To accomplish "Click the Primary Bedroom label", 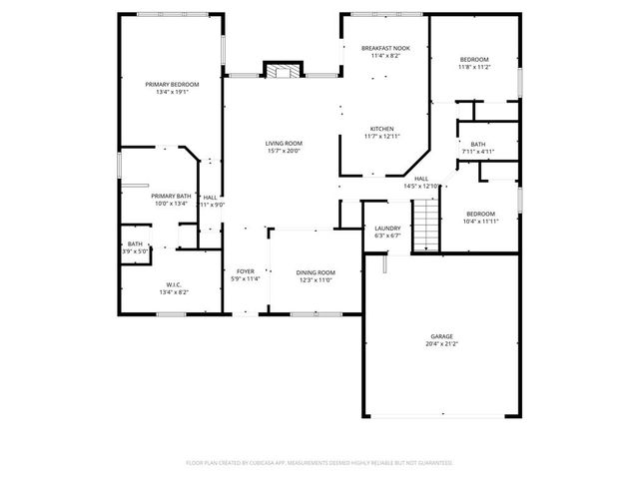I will [171, 85].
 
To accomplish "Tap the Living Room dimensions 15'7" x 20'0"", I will [284, 152].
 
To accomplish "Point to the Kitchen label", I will [382, 129].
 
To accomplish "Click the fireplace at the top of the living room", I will [283, 71].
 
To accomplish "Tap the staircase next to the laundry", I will [427, 224].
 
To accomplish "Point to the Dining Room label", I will [316, 272].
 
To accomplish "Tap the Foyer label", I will [245, 271].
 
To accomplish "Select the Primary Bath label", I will [171, 196].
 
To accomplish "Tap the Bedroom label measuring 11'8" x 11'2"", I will [474, 59].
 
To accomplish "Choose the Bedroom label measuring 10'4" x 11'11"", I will [480, 214].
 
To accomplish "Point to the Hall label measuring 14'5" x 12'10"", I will [421, 179].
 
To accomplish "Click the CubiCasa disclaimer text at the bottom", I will [319, 463].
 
